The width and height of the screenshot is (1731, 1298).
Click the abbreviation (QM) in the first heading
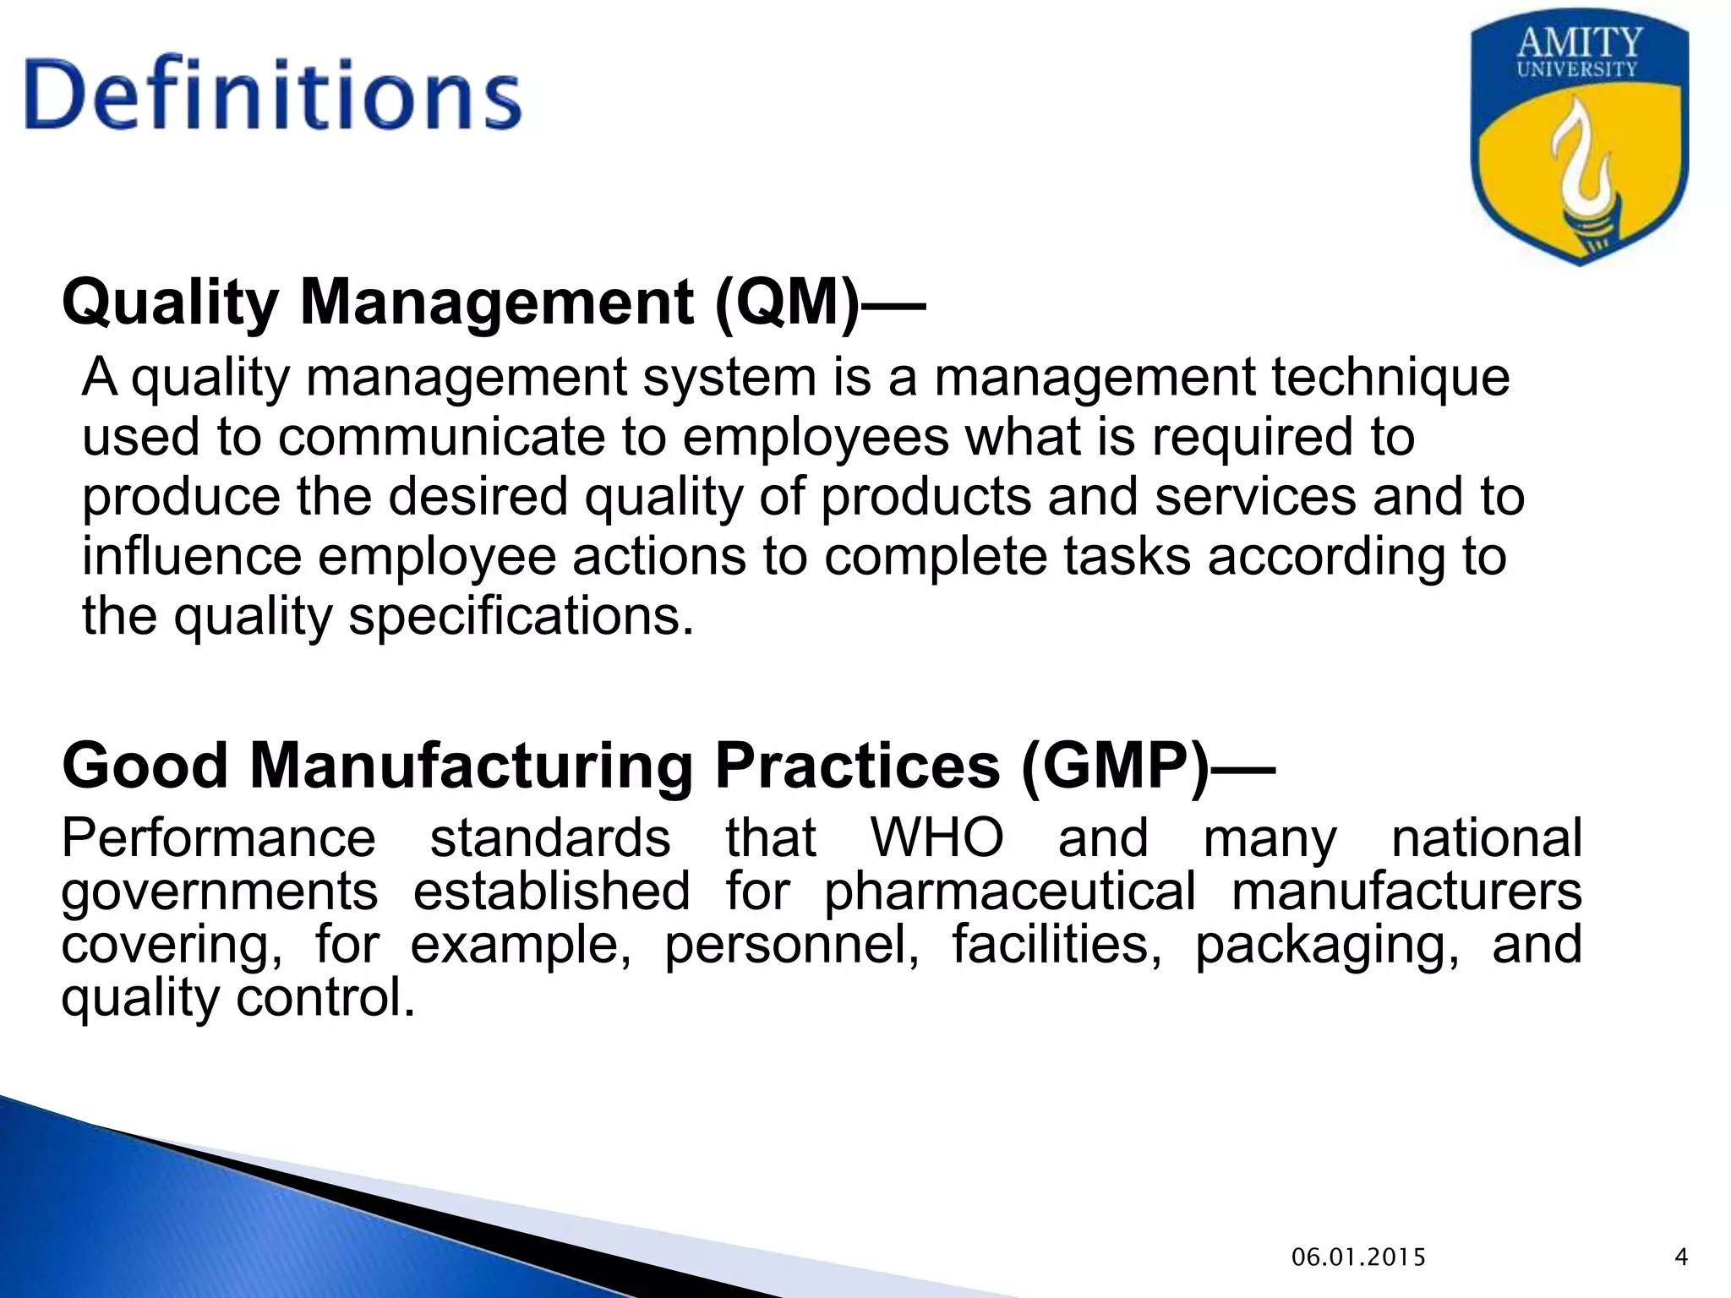786,303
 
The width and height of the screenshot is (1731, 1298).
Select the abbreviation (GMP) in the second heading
1114,766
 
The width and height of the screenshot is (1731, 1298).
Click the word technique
1390,377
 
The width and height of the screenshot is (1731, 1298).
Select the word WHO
936,837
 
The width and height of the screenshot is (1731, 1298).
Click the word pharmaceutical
1009,891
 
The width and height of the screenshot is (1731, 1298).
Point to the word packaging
1326,945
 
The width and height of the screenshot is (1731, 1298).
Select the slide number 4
1681,1257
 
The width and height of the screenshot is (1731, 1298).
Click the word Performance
218,837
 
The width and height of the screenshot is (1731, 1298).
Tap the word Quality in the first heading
170,303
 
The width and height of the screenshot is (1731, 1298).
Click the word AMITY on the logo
1579,42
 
